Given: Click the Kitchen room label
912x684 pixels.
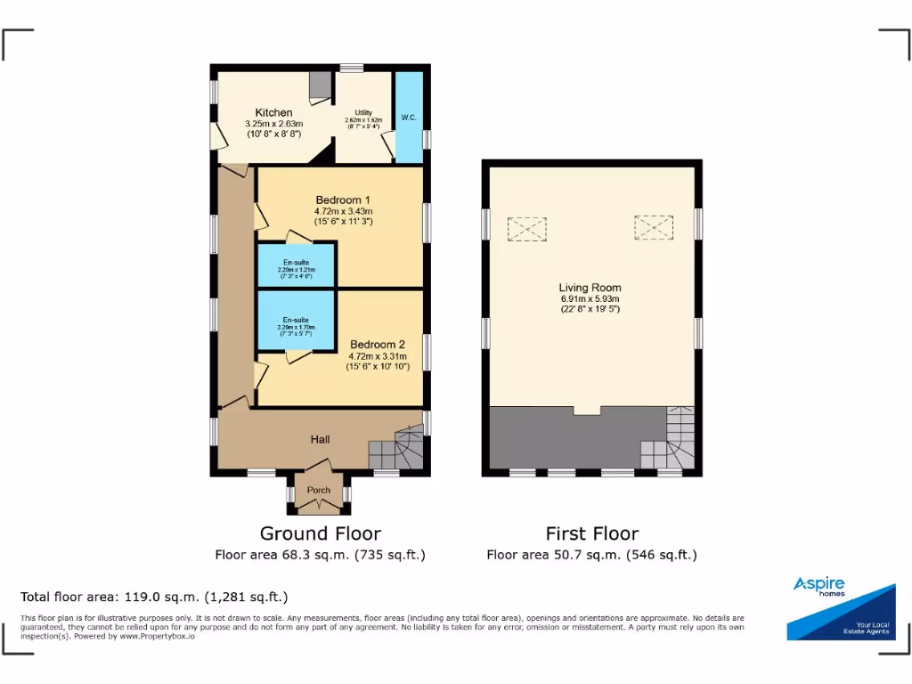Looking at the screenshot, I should pyautogui.click(x=274, y=112).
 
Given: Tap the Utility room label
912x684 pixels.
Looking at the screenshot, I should pyautogui.click(x=362, y=111).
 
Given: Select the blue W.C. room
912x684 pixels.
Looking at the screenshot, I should pyautogui.click(x=409, y=118).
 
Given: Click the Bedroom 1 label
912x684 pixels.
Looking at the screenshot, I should pyautogui.click(x=342, y=199).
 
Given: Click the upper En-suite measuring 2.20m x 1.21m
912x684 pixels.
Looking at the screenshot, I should pyautogui.click(x=296, y=266).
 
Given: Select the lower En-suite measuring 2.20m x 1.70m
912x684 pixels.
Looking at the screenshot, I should pyautogui.click(x=296, y=322).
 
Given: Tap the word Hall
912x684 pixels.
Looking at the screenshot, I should pyautogui.click(x=320, y=439).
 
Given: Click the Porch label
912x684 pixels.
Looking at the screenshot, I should pyautogui.click(x=319, y=490).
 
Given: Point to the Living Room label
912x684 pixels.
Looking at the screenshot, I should pyautogui.click(x=590, y=288).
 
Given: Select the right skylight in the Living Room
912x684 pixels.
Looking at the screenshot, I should pyautogui.click(x=654, y=228).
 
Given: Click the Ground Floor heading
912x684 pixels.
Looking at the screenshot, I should pyautogui.click(x=320, y=533).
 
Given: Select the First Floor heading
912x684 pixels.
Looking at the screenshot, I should pyautogui.click(x=591, y=533).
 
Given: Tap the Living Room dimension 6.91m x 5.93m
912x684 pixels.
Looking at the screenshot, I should pyautogui.click(x=590, y=299).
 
